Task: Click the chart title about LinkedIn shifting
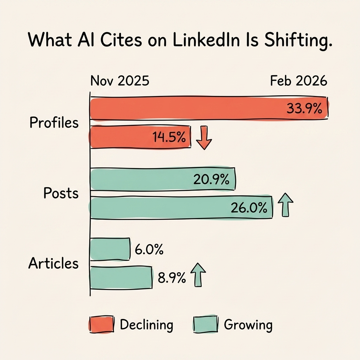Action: coord(180,41)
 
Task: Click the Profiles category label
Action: coord(54,123)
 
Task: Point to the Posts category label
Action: coord(61,193)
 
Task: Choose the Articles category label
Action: coord(53,263)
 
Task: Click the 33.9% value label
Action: coord(304,109)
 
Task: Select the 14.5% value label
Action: coord(169,137)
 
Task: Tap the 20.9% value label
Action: coord(211,180)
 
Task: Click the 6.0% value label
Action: coord(149,250)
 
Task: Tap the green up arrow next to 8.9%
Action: coord(198,275)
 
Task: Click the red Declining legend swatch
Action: coord(101,324)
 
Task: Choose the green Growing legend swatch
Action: coord(206,324)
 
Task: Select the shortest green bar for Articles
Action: coord(110,249)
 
